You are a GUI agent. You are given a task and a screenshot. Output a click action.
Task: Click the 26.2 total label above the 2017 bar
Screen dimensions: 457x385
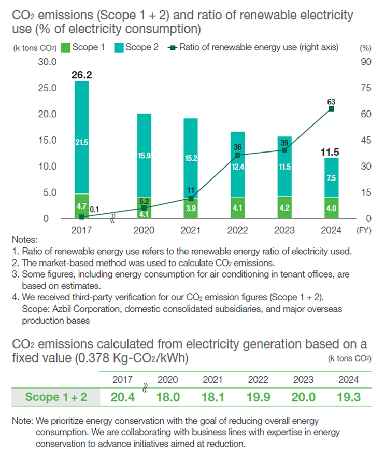pyautogui.click(x=82, y=75)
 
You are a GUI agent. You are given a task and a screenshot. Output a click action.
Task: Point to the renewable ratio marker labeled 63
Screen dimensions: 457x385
pyautogui.click(x=331, y=109)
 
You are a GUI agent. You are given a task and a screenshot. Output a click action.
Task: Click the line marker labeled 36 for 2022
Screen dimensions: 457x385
pyautogui.click(x=238, y=155)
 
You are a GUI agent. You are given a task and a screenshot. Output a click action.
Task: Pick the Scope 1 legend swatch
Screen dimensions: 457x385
pyautogui.click(x=65, y=48)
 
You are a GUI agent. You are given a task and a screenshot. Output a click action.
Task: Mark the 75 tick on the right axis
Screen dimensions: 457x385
pyautogui.click(x=364, y=88)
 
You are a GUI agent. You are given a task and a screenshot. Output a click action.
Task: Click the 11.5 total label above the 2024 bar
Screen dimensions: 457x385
pyautogui.click(x=330, y=153)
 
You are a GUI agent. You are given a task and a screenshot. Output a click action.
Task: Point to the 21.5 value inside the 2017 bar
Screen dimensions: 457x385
pyautogui.click(x=82, y=142)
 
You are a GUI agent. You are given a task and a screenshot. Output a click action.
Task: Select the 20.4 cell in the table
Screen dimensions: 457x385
pyautogui.click(x=123, y=397)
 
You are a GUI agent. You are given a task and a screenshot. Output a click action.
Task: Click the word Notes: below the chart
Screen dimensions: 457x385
pyautogui.click(x=24, y=240)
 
